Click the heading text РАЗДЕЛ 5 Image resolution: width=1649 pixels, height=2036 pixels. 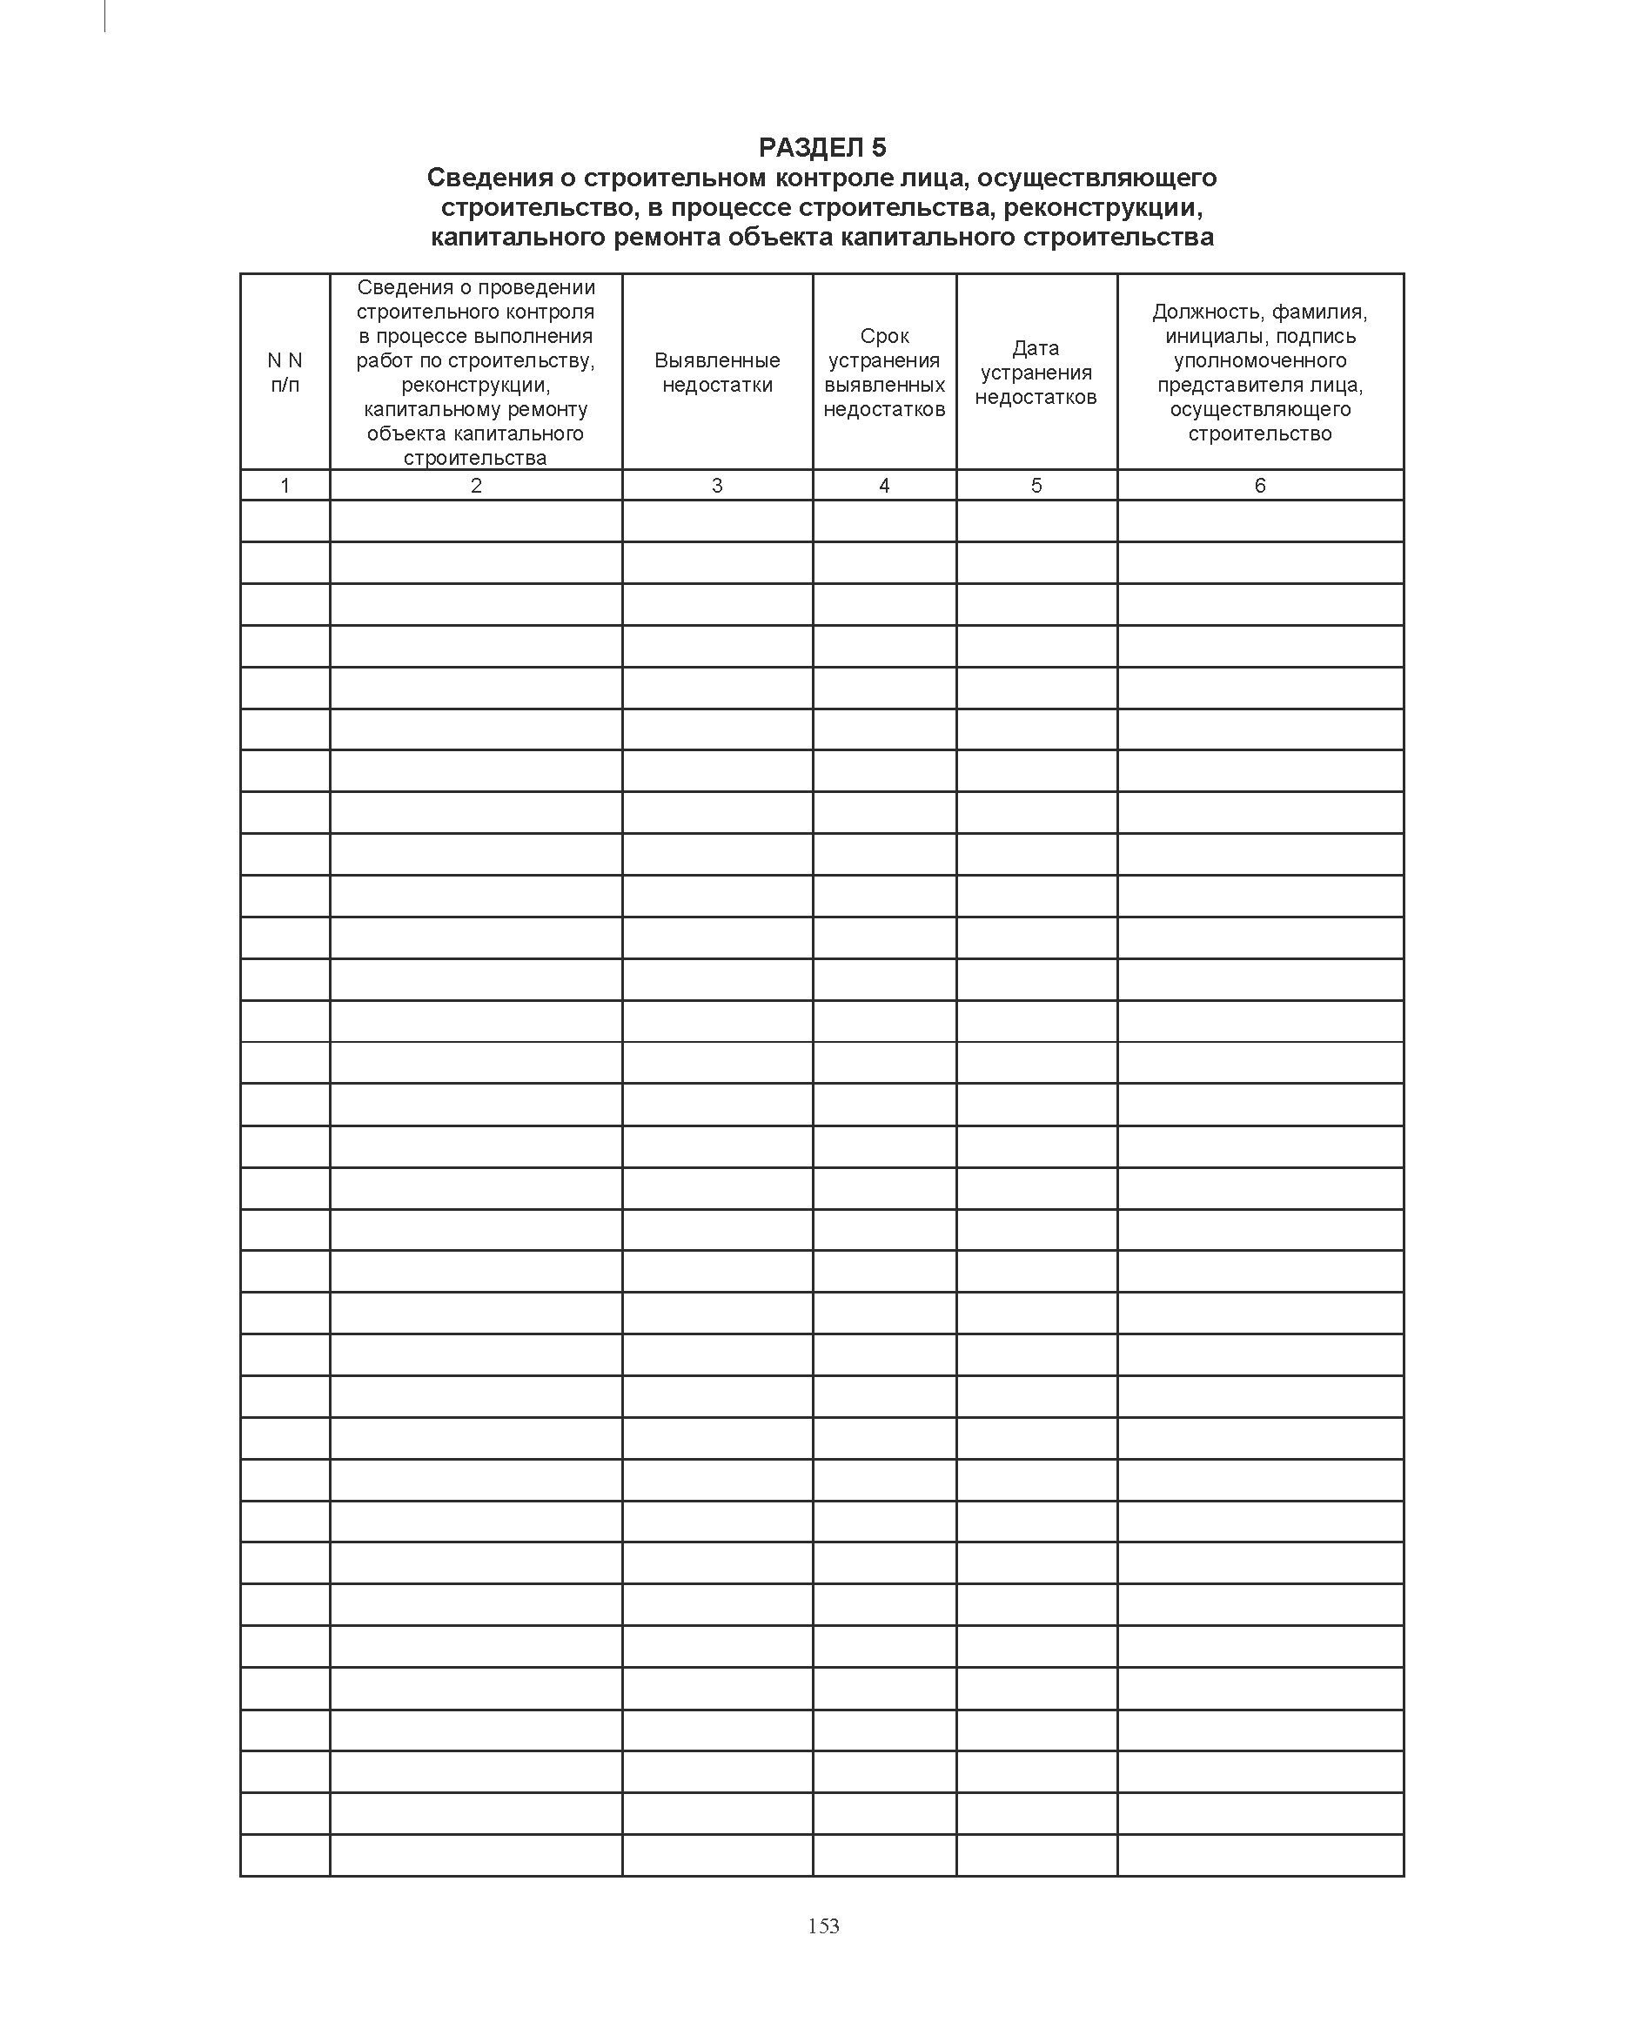821,147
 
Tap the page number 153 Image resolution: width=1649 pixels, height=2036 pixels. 823,1925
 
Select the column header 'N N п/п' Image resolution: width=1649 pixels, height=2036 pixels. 285,373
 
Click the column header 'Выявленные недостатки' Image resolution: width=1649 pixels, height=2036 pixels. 717,373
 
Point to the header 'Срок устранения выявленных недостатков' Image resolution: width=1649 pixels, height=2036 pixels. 884,373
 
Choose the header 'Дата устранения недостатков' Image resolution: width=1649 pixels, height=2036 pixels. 1036,373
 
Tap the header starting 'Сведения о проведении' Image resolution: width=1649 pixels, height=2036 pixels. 476,373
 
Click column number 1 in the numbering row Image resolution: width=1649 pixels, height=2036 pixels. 285,486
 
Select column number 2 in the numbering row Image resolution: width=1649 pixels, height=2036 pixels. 476,486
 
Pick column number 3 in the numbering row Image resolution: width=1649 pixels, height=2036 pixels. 717,486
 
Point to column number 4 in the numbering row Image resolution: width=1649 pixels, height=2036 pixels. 884,486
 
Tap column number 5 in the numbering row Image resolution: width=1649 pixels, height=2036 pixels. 1036,486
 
